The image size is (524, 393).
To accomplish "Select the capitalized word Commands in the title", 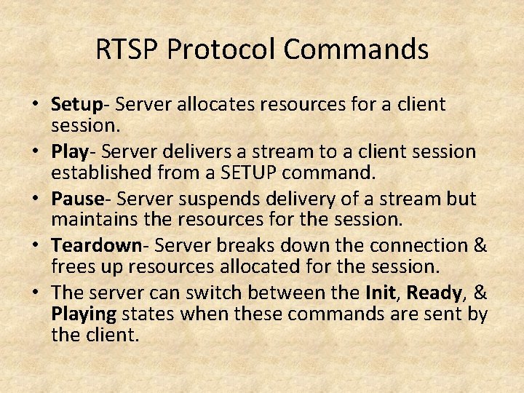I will (x=356, y=49).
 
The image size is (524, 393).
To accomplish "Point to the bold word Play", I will (x=69, y=152).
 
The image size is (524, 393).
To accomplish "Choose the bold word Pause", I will (x=77, y=199).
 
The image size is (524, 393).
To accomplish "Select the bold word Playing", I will (x=84, y=315).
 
